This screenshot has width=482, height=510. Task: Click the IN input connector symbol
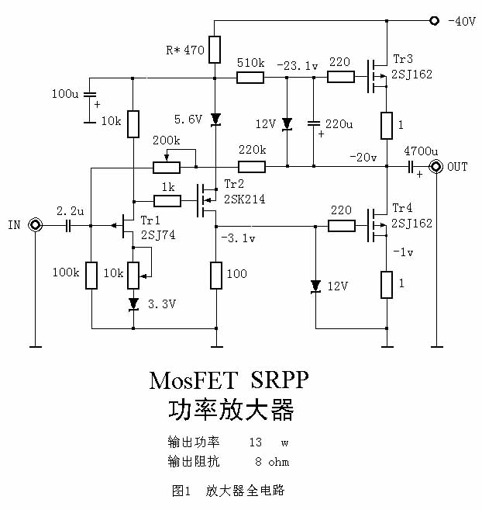coord(36,225)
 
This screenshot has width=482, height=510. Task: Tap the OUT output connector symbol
coord(436,167)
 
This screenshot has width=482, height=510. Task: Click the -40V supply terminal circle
coord(434,21)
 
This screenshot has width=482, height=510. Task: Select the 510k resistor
coord(251,77)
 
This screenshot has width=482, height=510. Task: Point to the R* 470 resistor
coord(216,50)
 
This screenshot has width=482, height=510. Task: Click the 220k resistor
coord(251,167)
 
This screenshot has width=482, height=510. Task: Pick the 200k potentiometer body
coord(167,167)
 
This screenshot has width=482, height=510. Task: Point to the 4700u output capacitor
coord(411,167)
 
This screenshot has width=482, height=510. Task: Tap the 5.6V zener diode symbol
coord(216,119)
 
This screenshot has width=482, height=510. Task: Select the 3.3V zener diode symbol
coord(133,304)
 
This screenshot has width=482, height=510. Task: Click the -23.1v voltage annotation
coord(297,66)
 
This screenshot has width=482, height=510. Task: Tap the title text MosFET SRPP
coord(229,380)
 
